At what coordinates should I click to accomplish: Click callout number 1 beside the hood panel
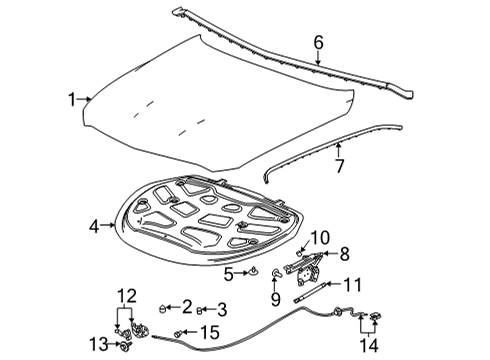pyautogui.click(x=72, y=99)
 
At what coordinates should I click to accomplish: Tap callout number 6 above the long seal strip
pyautogui.click(x=318, y=42)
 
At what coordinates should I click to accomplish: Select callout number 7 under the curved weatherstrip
pyautogui.click(x=339, y=164)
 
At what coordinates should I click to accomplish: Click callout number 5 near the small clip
pyautogui.click(x=229, y=272)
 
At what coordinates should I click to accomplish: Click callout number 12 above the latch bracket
pyautogui.click(x=126, y=293)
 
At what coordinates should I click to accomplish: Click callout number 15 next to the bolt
pyautogui.click(x=208, y=331)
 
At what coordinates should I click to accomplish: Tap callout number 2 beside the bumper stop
pyautogui.click(x=186, y=305)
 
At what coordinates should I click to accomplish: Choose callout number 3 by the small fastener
pyautogui.click(x=222, y=308)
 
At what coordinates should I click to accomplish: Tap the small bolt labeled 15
pyautogui.click(x=180, y=332)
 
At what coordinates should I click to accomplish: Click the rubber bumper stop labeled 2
pyautogui.click(x=164, y=306)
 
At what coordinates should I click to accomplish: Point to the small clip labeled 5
pyautogui.click(x=254, y=271)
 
